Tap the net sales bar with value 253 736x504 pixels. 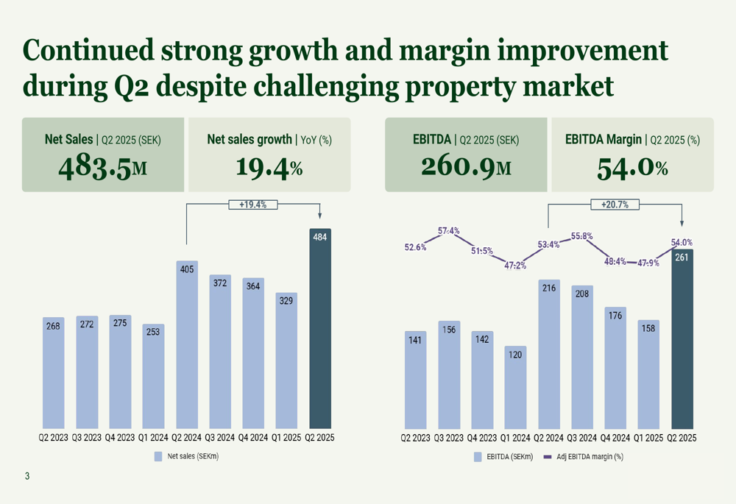[153, 376]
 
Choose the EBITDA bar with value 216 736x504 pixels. [549, 354]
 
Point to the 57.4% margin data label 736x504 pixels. [448, 231]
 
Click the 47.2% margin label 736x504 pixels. [514, 265]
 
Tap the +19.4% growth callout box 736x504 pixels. [252, 205]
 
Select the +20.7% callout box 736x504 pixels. [615, 205]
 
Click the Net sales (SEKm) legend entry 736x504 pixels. [187, 456]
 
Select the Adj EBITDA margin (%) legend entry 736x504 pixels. [584, 456]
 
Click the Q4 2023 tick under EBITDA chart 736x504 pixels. [482, 437]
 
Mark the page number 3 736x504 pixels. [27, 477]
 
